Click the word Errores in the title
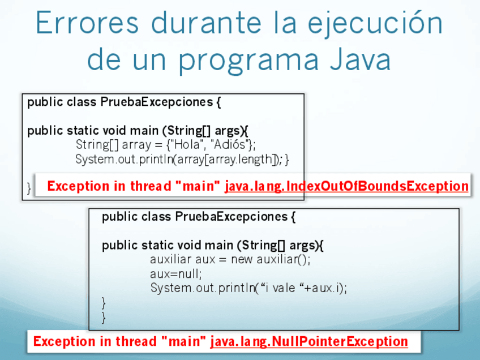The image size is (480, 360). click(x=87, y=23)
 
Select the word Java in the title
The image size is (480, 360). click(x=361, y=59)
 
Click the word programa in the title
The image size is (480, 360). click(x=249, y=62)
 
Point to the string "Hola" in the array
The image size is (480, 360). click(x=187, y=144)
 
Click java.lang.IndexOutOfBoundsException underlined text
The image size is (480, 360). click(x=346, y=186)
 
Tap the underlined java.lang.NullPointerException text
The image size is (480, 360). click(x=309, y=342)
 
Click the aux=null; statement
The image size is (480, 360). click(x=175, y=273)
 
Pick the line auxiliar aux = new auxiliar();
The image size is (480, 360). click(x=230, y=259)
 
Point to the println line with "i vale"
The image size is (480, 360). click(x=248, y=288)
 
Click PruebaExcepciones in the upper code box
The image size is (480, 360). click(x=157, y=102)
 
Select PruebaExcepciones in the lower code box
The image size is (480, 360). click(x=232, y=217)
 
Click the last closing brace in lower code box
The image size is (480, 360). click(x=104, y=318)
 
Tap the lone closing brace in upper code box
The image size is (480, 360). click(x=29, y=188)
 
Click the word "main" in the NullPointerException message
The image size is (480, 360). click(x=183, y=341)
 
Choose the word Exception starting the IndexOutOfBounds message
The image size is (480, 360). click(x=78, y=186)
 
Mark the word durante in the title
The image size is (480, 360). click(x=207, y=23)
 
